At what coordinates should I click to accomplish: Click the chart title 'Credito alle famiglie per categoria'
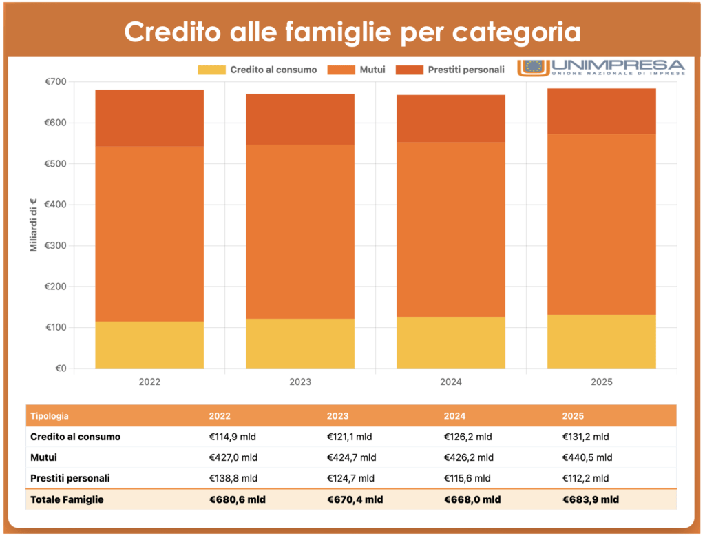[352, 32]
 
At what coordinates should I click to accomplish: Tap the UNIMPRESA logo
[601, 68]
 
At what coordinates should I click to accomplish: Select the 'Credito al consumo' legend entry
[257, 70]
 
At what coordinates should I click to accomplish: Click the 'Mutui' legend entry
[356, 70]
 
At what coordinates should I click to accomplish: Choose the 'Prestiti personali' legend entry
[454, 70]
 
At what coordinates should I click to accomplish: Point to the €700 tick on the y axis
[56, 82]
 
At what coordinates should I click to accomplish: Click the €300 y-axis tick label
[56, 246]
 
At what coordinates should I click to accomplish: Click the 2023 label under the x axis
[300, 382]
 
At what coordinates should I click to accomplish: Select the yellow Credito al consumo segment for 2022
[149, 344]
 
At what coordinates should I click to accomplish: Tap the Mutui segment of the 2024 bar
[451, 229]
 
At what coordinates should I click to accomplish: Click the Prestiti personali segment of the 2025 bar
[602, 111]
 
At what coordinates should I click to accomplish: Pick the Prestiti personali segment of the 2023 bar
[300, 119]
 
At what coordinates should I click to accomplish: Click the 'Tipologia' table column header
[50, 416]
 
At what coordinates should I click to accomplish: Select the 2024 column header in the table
[454, 416]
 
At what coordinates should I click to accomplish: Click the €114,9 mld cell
[233, 437]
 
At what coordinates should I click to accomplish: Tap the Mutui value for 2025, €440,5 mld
[587, 457]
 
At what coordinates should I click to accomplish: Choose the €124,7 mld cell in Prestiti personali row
[351, 478]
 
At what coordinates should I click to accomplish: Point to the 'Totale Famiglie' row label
[67, 499]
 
